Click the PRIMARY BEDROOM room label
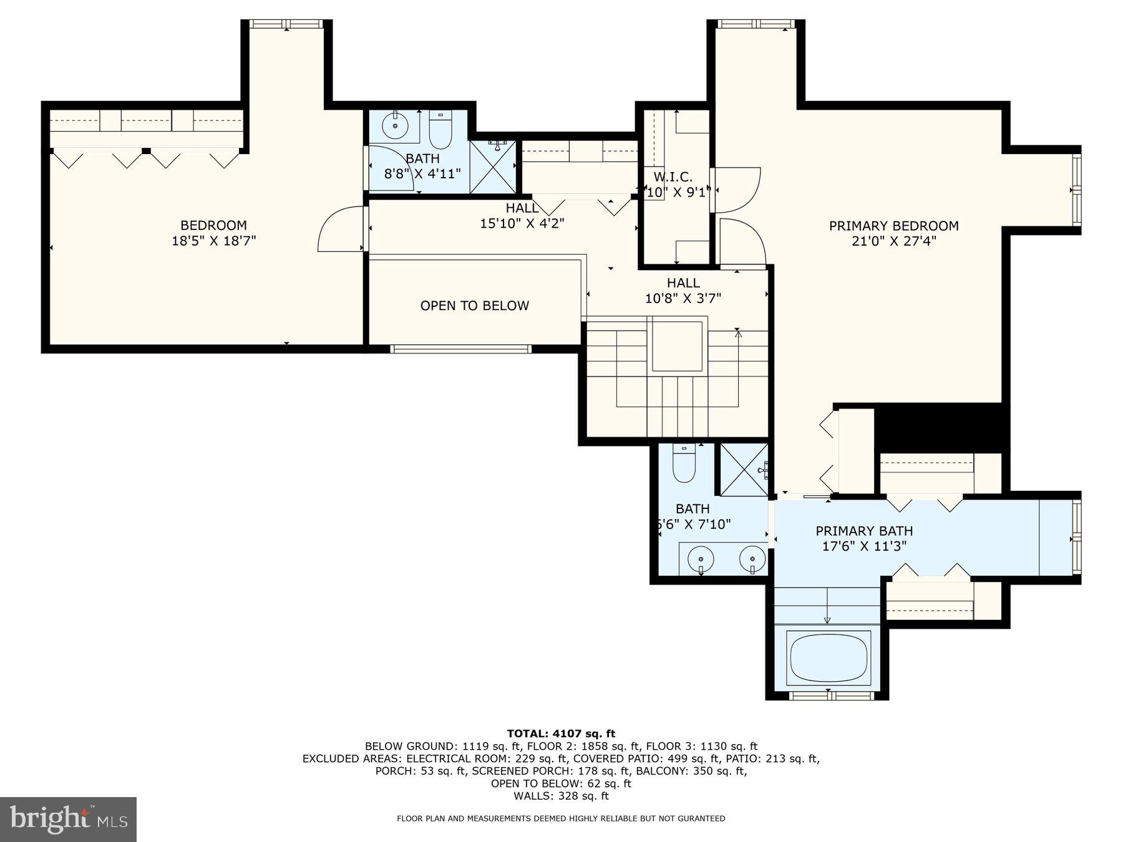(893, 226)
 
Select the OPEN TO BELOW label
(474, 306)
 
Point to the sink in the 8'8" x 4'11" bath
(394, 126)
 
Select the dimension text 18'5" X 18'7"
(214, 241)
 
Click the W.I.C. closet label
(673, 177)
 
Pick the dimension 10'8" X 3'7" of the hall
(683, 298)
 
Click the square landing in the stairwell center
(678, 346)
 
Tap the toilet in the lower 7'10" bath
(684, 465)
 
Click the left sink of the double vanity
(701, 558)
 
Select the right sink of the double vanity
(752, 558)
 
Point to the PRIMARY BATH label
(864, 531)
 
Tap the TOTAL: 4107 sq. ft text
(561, 733)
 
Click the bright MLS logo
(68, 819)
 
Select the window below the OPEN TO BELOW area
(460, 349)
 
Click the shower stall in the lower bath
(745, 469)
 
